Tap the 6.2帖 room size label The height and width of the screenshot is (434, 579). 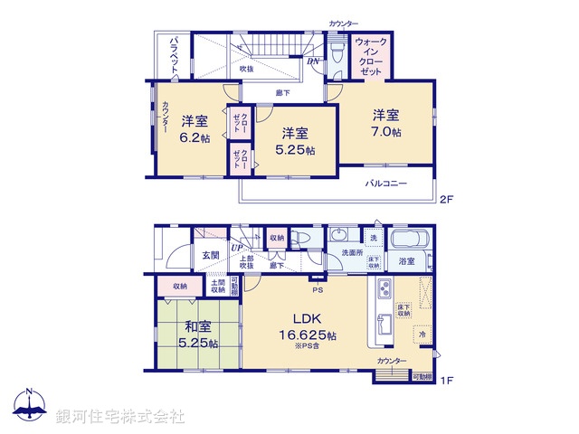(x=194, y=137)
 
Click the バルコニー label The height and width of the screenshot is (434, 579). (x=386, y=184)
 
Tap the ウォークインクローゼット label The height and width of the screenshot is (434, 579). (x=372, y=55)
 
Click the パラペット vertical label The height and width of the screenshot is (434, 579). (x=172, y=57)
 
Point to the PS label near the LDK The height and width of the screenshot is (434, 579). (x=317, y=290)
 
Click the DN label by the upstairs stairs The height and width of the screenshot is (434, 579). (x=313, y=61)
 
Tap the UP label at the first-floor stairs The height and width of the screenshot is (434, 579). (x=237, y=247)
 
